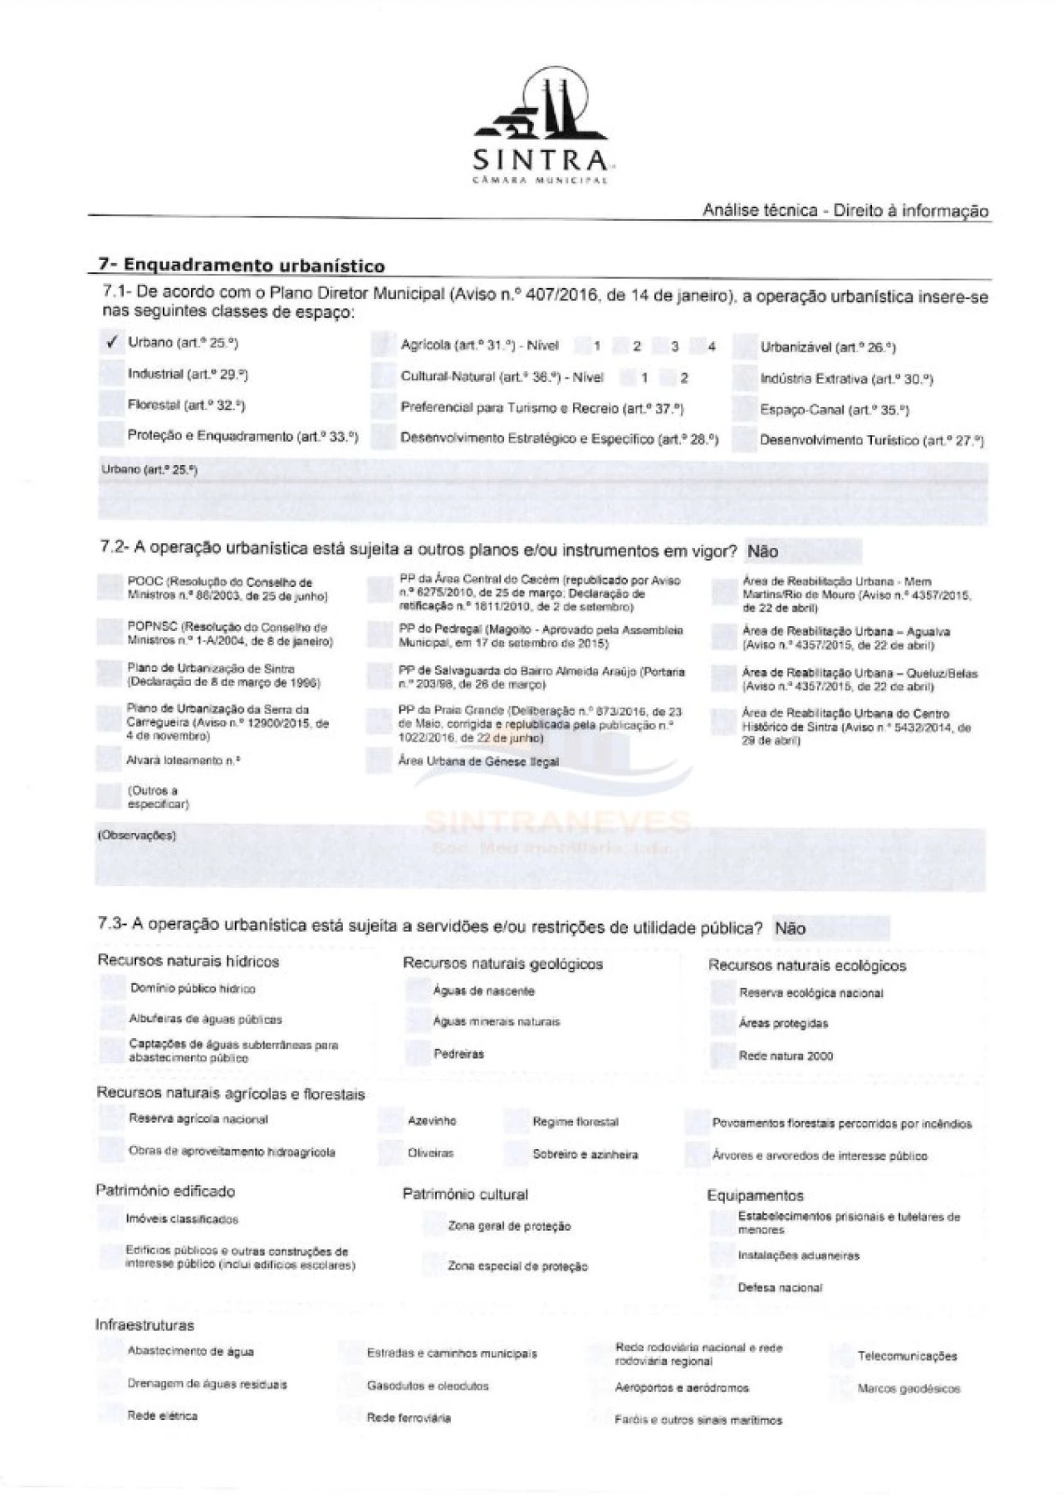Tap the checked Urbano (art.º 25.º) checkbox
click(x=110, y=342)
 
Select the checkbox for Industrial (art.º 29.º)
click(x=110, y=374)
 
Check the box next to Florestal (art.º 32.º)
click(x=110, y=405)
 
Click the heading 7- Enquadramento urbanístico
click(x=241, y=266)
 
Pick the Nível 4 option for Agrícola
click(x=701, y=346)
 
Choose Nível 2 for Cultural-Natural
click(x=671, y=378)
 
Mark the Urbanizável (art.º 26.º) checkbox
click(x=745, y=348)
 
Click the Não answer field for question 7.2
click(x=801, y=551)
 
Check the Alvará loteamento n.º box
click(x=109, y=759)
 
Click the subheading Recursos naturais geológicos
click(x=502, y=963)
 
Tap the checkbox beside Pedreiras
click(x=417, y=1054)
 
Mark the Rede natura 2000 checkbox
click(x=723, y=1055)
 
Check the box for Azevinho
click(x=389, y=1120)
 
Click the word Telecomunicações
click(x=907, y=1356)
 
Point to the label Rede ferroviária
click(x=409, y=1417)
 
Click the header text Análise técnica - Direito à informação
click(x=845, y=210)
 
